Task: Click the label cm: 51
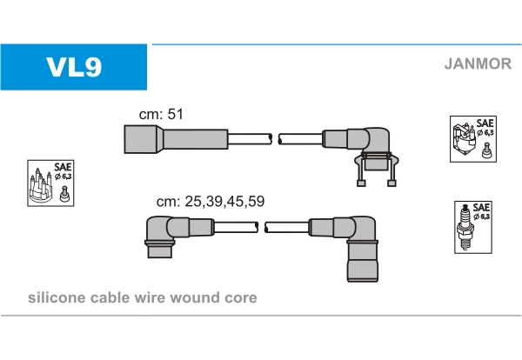pyautogui.click(x=161, y=114)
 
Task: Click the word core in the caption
pyautogui.click(x=241, y=298)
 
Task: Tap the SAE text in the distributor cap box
pyautogui.click(x=62, y=167)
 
